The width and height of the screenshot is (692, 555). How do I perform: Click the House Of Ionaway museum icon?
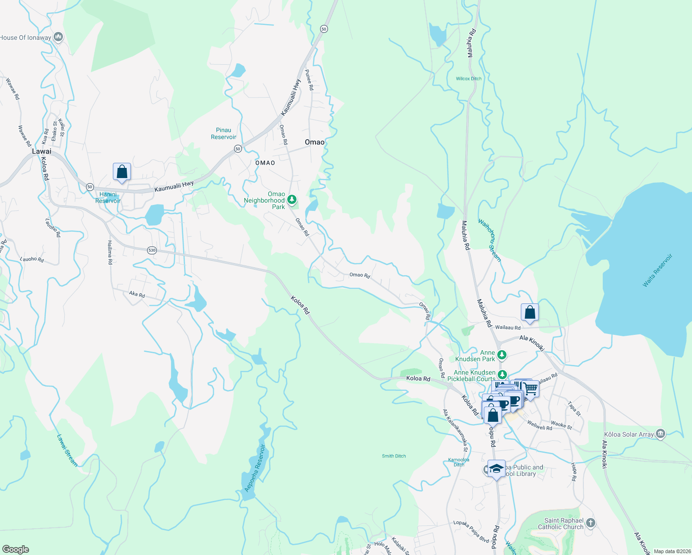point(58,37)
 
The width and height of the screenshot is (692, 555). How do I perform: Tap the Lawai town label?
point(42,151)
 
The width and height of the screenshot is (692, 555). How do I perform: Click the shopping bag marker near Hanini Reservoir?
point(122,172)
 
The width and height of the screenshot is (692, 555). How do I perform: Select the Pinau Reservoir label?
point(223,134)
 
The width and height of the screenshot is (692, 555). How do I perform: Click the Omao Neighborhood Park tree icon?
point(291,200)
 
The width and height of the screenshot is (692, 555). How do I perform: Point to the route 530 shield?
point(152,250)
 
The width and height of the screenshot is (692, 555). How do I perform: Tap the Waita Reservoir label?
point(657,271)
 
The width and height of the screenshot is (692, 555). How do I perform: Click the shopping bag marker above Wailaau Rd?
point(530,313)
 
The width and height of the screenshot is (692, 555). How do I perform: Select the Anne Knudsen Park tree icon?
point(502,355)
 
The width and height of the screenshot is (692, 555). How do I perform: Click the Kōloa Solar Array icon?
point(661,434)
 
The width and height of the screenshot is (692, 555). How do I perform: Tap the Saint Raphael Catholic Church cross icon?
point(590,523)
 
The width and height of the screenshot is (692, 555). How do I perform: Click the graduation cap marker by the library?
point(496,469)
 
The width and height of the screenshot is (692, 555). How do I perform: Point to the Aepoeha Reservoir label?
point(255,468)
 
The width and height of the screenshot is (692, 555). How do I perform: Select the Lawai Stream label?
point(67,450)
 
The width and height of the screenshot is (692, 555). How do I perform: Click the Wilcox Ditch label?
point(469,79)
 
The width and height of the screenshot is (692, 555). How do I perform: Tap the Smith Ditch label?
point(394,456)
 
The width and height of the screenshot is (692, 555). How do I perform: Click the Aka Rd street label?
point(137,294)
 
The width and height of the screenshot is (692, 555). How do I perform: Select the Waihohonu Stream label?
point(489,240)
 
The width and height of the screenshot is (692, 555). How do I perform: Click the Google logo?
point(15,549)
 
